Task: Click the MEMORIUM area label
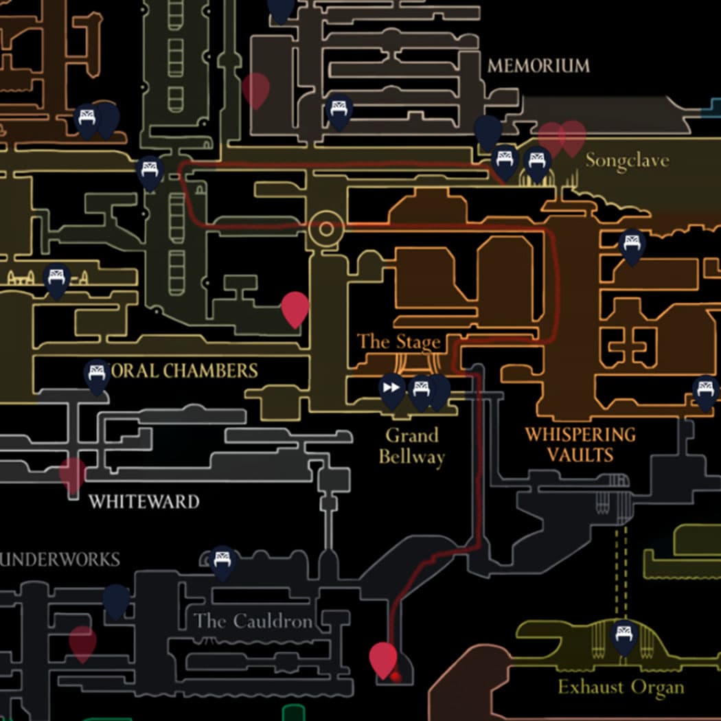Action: (x=538, y=66)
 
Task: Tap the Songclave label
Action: (x=626, y=161)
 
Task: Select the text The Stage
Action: (x=398, y=341)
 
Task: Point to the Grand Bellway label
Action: (x=411, y=446)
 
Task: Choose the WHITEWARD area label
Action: (x=144, y=501)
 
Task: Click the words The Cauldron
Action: (x=253, y=621)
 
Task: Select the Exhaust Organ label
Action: (x=620, y=687)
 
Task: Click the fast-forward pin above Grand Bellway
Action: (x=391, y=389)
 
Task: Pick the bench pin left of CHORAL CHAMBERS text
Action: (x=97, y=375)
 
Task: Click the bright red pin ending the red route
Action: (x=382, y=657)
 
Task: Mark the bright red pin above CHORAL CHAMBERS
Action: (x=295, y=307)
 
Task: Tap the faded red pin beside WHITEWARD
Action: (x=73, y=473)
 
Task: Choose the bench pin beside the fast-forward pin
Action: (x=421, y=390)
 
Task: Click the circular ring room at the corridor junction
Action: (x=325, y=229)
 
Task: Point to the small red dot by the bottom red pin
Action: (x=396, y=677)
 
